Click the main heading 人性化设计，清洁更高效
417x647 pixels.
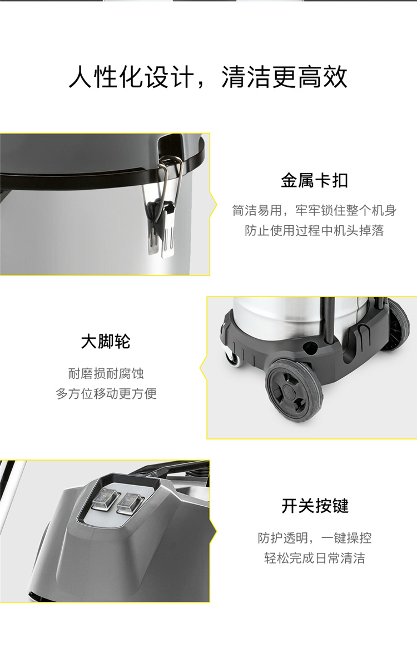tap(208, 77)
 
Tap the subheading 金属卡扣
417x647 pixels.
tap(314, 180)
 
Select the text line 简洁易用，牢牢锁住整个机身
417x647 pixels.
tap(314, 210)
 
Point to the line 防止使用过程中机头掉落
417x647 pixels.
tap(314, 230)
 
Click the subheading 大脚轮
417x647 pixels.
tap(106, 341)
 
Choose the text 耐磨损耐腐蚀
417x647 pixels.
tap(106, 373)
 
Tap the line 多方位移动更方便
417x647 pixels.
tap(106, 393)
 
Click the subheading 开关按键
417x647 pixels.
tap(315, 506)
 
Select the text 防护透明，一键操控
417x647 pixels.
tap(315, 538)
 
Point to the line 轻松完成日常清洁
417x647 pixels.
tap(315, 558)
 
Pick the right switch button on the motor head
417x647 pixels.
tap(130, 503)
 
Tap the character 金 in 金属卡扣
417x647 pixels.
tap(289, 180)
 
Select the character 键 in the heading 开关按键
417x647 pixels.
tap(340, 506)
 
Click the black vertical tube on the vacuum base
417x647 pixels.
tap(328, 319)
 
